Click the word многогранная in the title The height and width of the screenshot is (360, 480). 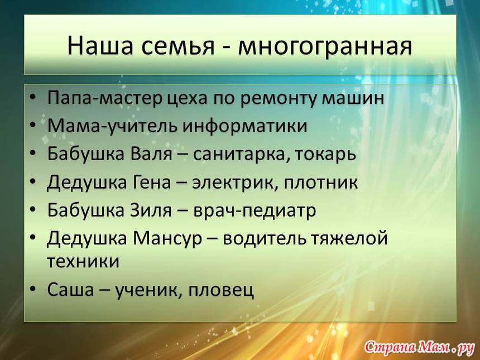point(325,46)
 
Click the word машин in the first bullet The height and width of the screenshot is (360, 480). point(353,99)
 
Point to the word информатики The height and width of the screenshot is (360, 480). point(244,126)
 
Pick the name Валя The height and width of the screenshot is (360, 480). point(151,153)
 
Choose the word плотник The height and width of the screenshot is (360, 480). point(321,183)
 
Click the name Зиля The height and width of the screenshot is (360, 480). point(151,210)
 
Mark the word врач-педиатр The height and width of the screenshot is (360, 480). point(255,211)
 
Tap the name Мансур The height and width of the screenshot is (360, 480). point(167,239)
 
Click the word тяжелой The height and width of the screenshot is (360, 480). point(350,238)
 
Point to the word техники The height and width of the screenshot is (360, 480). point(83,262)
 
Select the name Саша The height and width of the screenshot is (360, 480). point(70,289)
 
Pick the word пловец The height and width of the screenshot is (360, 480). point(221,290)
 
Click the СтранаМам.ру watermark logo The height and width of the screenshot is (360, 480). point(419,347)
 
